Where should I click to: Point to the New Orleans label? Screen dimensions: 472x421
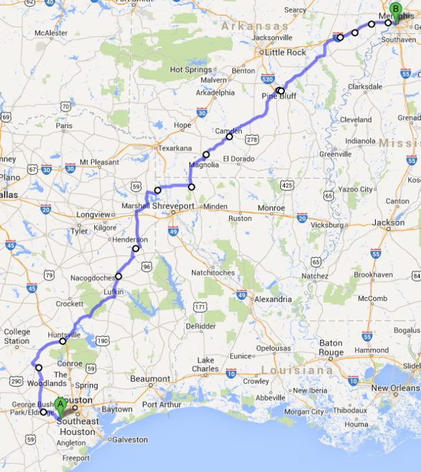(x=395, y=388)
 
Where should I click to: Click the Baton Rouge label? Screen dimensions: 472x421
(x=331, y=348)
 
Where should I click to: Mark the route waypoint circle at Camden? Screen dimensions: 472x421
(x=229, y=137)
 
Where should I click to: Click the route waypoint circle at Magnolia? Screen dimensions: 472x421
(x=206, y=155)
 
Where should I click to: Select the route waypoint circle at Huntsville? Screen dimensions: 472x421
(x=63, y=341)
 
